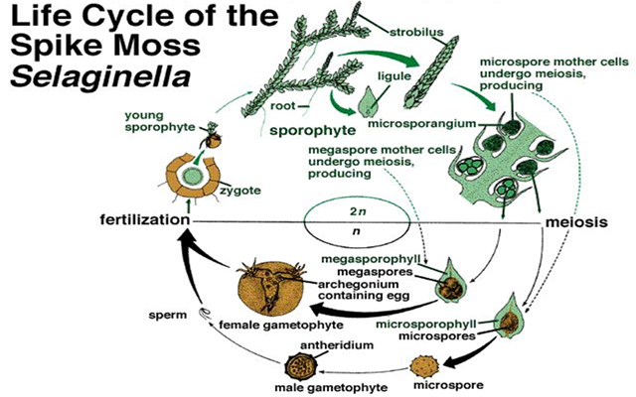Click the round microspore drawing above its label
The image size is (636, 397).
click(428, 355)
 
